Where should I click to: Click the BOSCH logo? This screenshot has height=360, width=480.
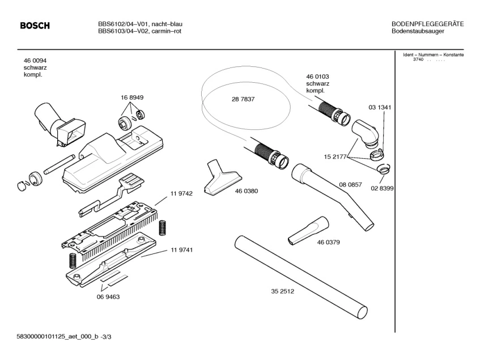click(35, 26)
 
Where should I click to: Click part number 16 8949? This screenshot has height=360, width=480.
click(131, 98)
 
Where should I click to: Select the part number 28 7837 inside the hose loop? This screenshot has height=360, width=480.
click(243, 99)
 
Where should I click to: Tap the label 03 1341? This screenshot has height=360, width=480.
click(380, 107)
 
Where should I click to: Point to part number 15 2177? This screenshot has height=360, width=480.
click(335, 156)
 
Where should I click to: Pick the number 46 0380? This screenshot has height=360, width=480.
click(247, 191)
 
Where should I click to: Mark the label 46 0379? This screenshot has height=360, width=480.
click(329, 242)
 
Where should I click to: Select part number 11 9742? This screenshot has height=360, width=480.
click(181, 193)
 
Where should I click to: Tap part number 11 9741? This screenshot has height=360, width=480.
click(181, 250)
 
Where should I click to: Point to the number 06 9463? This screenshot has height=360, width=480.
click(108, 296)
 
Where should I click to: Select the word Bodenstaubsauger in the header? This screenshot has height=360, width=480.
click(418, 31)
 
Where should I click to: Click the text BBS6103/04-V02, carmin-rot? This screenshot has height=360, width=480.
click(139, 31)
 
